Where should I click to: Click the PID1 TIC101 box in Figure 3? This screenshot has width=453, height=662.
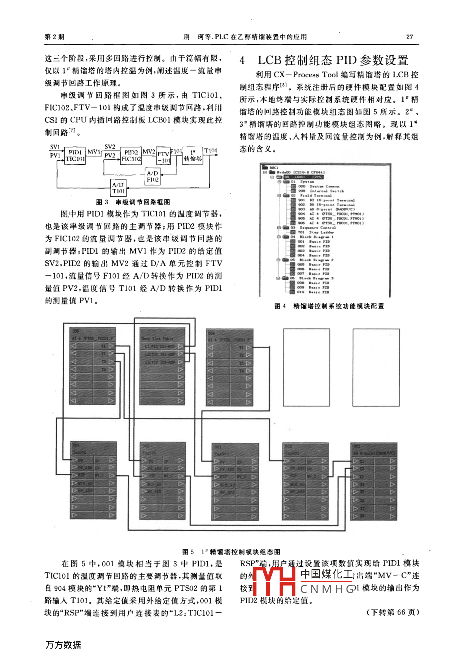[75, 155]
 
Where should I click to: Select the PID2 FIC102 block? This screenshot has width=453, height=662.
[131, 155]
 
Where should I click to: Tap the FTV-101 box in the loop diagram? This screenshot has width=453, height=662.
[163, 157]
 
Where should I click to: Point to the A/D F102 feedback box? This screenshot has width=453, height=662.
[153, 176]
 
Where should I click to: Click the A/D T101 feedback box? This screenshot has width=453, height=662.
[118, 188]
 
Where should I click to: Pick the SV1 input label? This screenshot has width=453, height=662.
[55, 147]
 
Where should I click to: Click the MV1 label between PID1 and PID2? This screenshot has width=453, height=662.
[94, 151]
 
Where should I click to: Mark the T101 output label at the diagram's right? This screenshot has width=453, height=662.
[211, 150]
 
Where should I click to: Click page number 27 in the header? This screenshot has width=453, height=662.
[409, 37]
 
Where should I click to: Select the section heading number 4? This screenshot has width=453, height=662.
[242, 61]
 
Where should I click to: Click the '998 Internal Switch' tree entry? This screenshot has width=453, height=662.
[321, 191]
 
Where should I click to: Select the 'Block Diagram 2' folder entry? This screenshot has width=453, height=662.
[316, 260]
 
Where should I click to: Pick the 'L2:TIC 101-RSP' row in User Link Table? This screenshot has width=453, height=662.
[160, 354]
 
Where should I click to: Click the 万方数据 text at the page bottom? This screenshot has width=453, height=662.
[63, 645]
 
